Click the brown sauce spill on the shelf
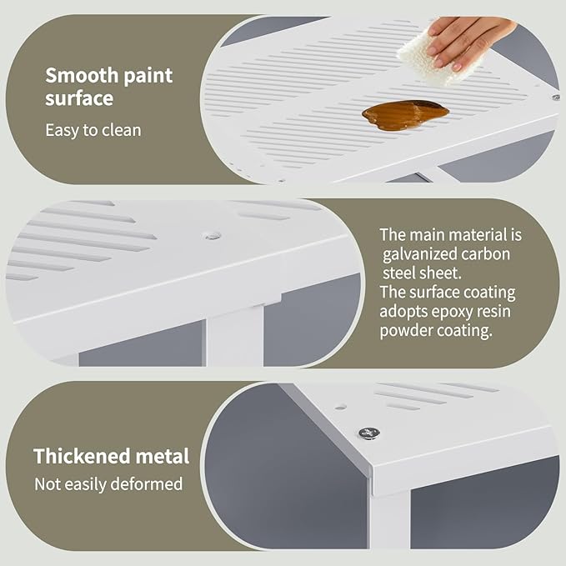(x=405, y=114)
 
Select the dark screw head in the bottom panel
(x=369, y=433)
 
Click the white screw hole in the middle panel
(x=213, y=236)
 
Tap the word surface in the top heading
(x=79, y=98)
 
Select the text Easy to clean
(x=93, y=130)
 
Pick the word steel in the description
(x=399, y=273)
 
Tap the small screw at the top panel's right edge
(x=556, y=97)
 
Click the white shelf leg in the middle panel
(x=235, y=336)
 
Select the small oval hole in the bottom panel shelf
(x=340, y=407)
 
